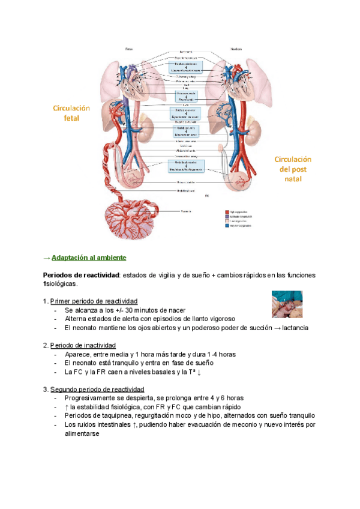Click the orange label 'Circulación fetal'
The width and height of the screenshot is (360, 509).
71,113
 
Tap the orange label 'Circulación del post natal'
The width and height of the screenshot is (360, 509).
293,169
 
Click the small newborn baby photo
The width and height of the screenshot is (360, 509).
286,304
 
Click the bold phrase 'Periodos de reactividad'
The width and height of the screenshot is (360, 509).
81,275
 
